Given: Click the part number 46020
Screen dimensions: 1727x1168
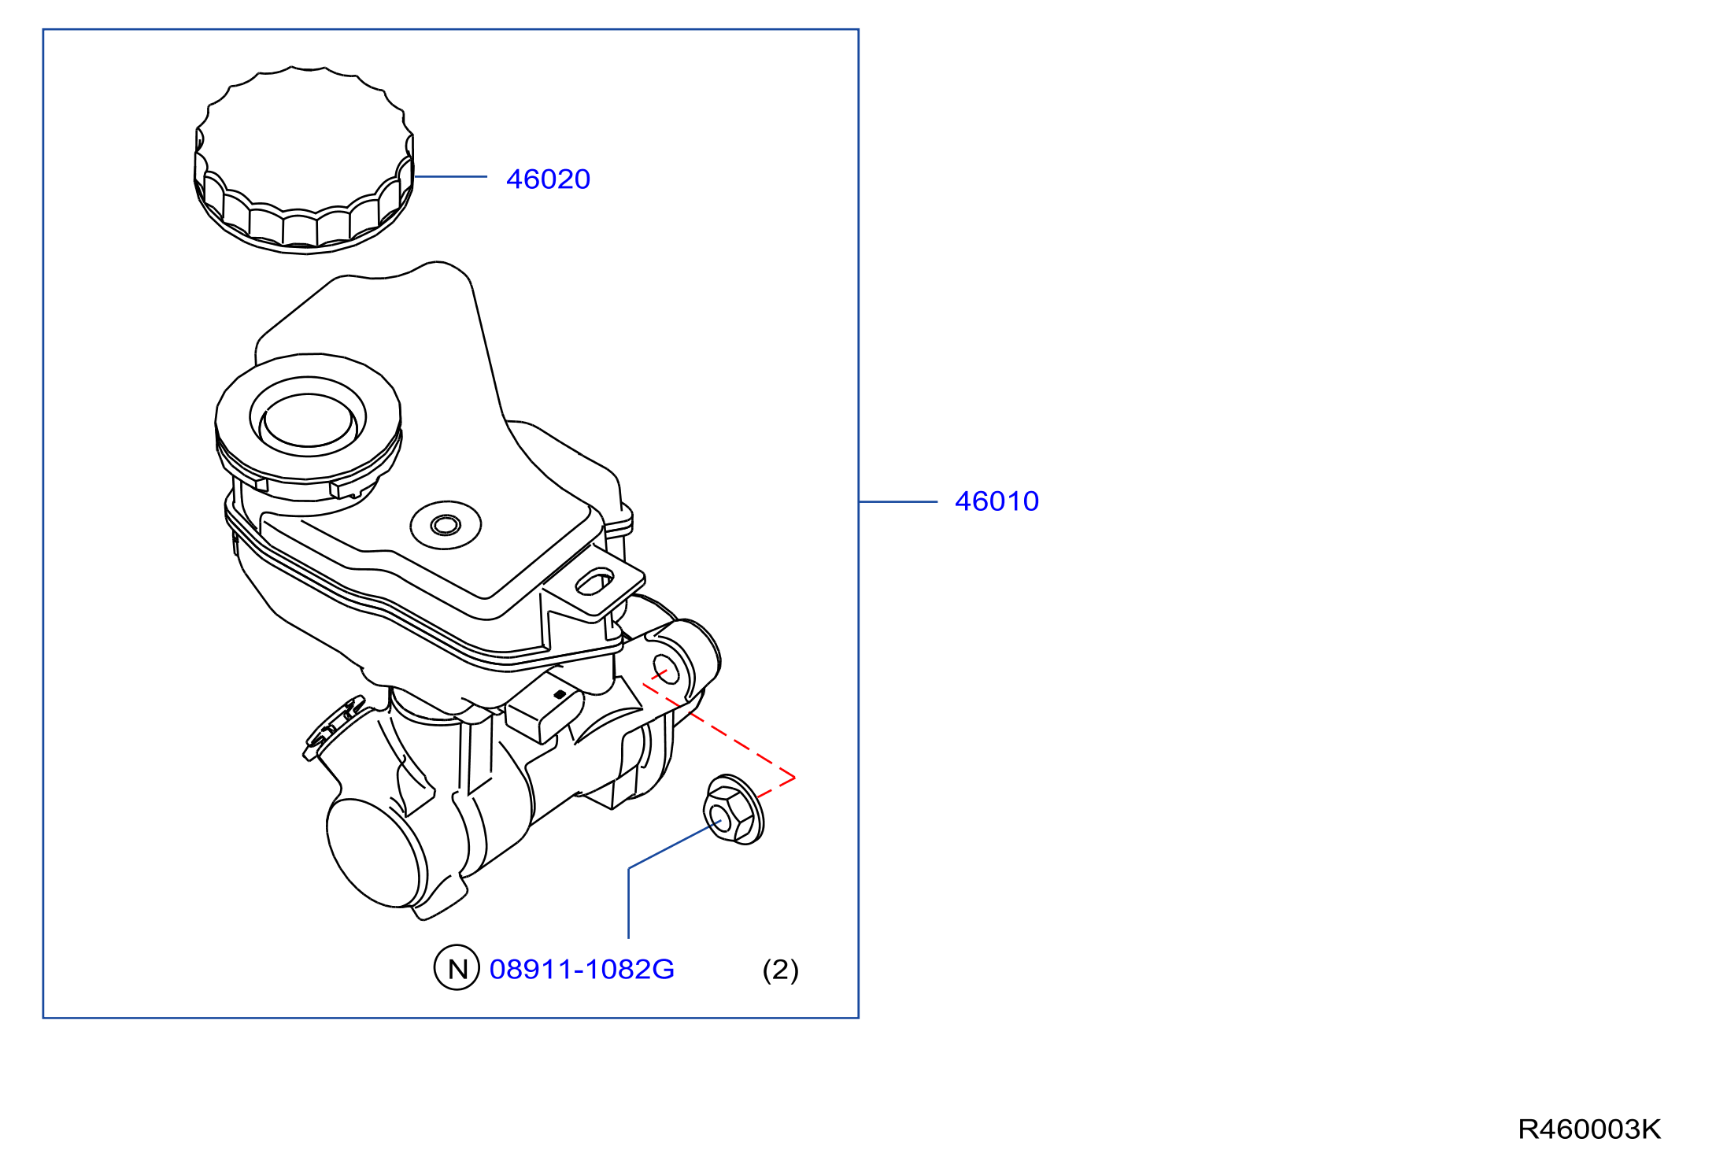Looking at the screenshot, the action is click(x=548, y=179).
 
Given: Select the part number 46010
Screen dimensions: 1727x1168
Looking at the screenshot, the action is click(x=997, y=501).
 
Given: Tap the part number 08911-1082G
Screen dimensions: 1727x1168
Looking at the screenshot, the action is click(x=582, y=969).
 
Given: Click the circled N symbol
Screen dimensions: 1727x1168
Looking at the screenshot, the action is click(x=457, y=968).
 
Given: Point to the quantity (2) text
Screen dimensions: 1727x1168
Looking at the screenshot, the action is click(x=780, y=970).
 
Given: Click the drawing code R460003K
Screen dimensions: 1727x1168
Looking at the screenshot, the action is click(x=1589, y=1129).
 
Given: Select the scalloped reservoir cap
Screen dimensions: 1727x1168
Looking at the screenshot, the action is click(x=304, y=161).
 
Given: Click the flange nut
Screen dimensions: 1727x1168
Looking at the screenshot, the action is click(x=733, y=810).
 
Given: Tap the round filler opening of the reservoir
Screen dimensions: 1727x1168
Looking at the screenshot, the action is click(x=308, y=417).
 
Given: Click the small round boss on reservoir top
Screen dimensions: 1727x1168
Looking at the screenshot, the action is click(x=446, y=525).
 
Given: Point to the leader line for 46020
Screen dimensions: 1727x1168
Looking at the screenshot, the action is click(x=450, y=176).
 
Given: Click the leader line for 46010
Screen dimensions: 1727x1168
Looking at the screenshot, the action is click(x=898, y=501).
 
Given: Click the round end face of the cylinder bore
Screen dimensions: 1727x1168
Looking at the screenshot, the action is click(x=375, y=853).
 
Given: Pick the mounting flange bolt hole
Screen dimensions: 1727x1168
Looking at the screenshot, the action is click(x=666, y=669).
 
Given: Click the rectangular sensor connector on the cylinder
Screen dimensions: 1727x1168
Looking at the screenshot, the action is click(x=543, y=708).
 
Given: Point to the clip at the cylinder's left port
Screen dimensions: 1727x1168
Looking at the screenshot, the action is click(x=332, y=729).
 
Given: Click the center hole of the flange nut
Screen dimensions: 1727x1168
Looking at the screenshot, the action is click(x=719, y=818).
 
